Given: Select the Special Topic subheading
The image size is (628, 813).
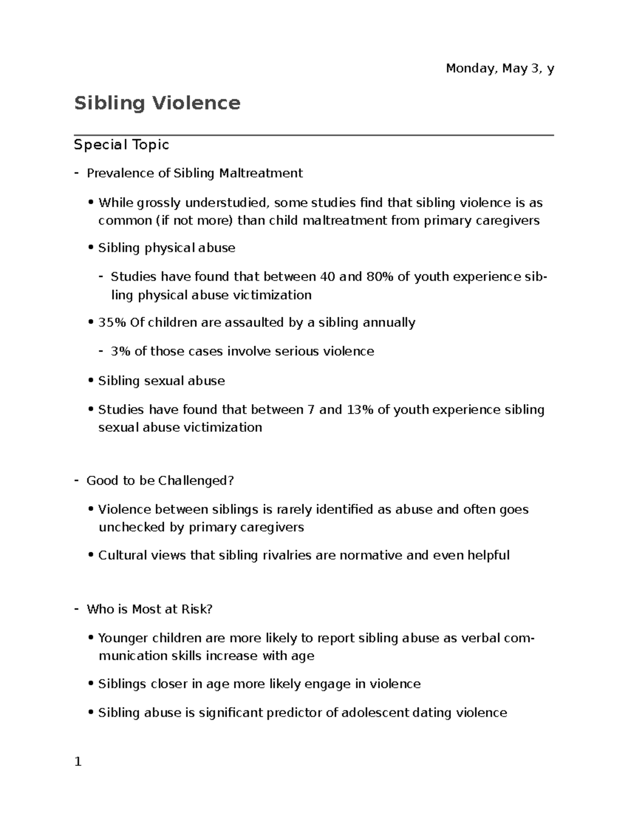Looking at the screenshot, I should [121, 144].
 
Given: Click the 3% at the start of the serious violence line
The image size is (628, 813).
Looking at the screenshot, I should [120, 351].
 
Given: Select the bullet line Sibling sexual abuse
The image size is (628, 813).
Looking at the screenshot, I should [161, 381].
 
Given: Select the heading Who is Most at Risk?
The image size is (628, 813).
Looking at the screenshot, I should [149, 609].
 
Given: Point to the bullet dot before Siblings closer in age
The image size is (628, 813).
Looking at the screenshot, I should [91, 685].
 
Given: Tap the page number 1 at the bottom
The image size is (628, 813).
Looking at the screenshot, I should [78, 762].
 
